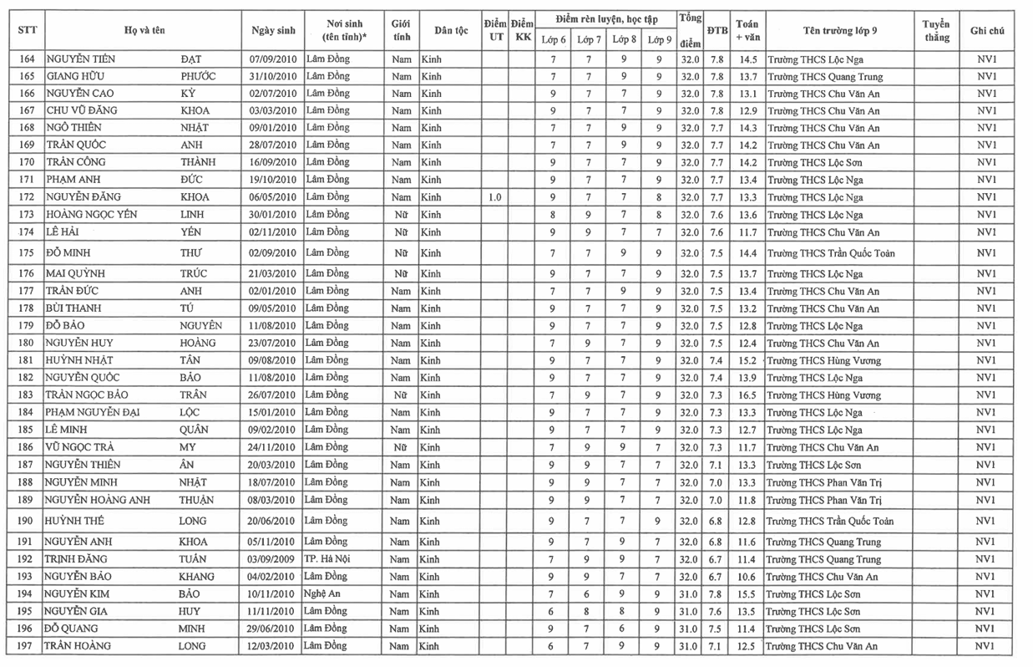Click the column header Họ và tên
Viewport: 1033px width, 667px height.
click(x=144, y=30)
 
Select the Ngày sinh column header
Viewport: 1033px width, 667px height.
click(x=273, y=30)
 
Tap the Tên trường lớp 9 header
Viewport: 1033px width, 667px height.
click(x=839, y=30)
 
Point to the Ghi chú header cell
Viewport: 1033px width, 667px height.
click(x=986, y=30)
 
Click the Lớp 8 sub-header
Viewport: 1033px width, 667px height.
click(x=624, y=39)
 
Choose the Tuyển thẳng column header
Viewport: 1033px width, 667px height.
click(x=936, y=30)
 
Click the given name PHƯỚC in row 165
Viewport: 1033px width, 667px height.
click(x=198, y=76)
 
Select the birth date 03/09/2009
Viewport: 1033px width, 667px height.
click(x=273, y=559)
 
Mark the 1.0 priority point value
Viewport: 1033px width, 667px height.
click(x=494, y=197)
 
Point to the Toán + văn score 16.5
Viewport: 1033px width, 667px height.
click(x=747, y=395)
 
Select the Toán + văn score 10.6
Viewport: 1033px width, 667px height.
click(x=747, y=577)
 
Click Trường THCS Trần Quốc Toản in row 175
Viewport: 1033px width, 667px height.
click(x=830, y=253)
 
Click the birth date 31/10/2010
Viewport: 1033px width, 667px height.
click(x=273, y=76)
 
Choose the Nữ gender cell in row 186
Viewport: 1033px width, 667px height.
click(x=401, y=447)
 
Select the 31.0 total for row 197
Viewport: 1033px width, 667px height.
click(x=690, y=646)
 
